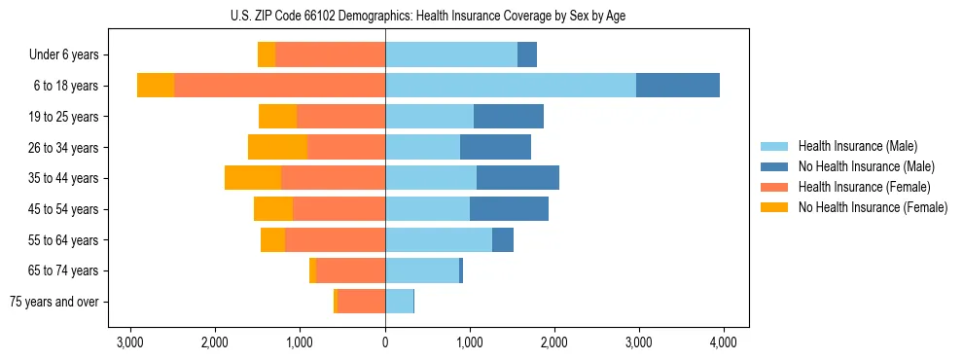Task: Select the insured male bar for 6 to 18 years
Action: pyautogui.click(x=511, y=86)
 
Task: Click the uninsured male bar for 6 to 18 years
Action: pyautogui.click(x=678, y=86)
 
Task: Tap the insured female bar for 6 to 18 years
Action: pyautogui.click(x=279, y=86)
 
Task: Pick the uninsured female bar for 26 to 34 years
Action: pyautogui.click(x=277, y=147)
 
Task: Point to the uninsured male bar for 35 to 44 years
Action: pyautogui.click(x=517, y=178)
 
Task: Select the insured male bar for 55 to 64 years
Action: pyautogui.click(x=439, y=239)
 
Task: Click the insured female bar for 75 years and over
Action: pyautogui.click(x=361, y=302)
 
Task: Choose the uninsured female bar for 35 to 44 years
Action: pyautogui.click(x=253, y=178)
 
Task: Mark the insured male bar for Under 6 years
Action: pyautogui.click(x=451, y=54)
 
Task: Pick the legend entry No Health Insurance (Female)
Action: pyautogui.click(x=872, y=207)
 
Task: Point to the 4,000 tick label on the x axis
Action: pyautogui.click(x=723, y=342)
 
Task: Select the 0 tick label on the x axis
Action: pyautogui.click(x=385, y=342)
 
